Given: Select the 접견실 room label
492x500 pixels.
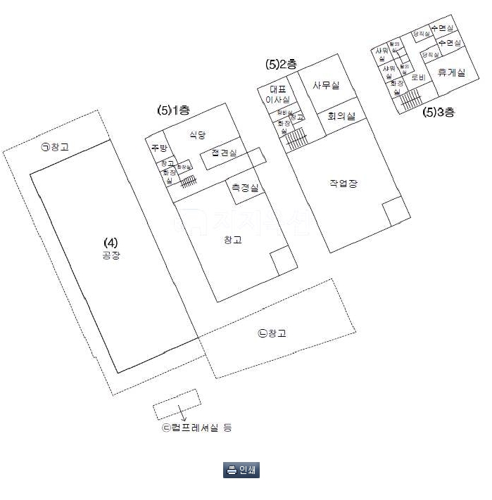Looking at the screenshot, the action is [x=224, y=153].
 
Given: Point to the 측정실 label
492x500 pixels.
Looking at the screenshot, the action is [x=245, y=188].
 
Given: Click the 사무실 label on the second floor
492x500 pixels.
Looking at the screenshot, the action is [x=326, y=85].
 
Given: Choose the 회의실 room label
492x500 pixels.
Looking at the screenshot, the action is [x=341, y=118].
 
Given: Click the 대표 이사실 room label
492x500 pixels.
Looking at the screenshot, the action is [x=277, y=95].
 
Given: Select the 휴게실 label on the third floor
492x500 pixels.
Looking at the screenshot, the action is [x=451, y=72].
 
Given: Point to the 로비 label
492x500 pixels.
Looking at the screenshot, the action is [x=418, y=77].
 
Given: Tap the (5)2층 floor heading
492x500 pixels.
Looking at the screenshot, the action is [x=281, y=64].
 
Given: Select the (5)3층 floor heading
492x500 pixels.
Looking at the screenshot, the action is [x=438, y=112].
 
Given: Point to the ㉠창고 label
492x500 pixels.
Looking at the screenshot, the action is [x=58, y=147].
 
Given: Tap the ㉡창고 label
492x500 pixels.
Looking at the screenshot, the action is [x=272, y=333].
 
